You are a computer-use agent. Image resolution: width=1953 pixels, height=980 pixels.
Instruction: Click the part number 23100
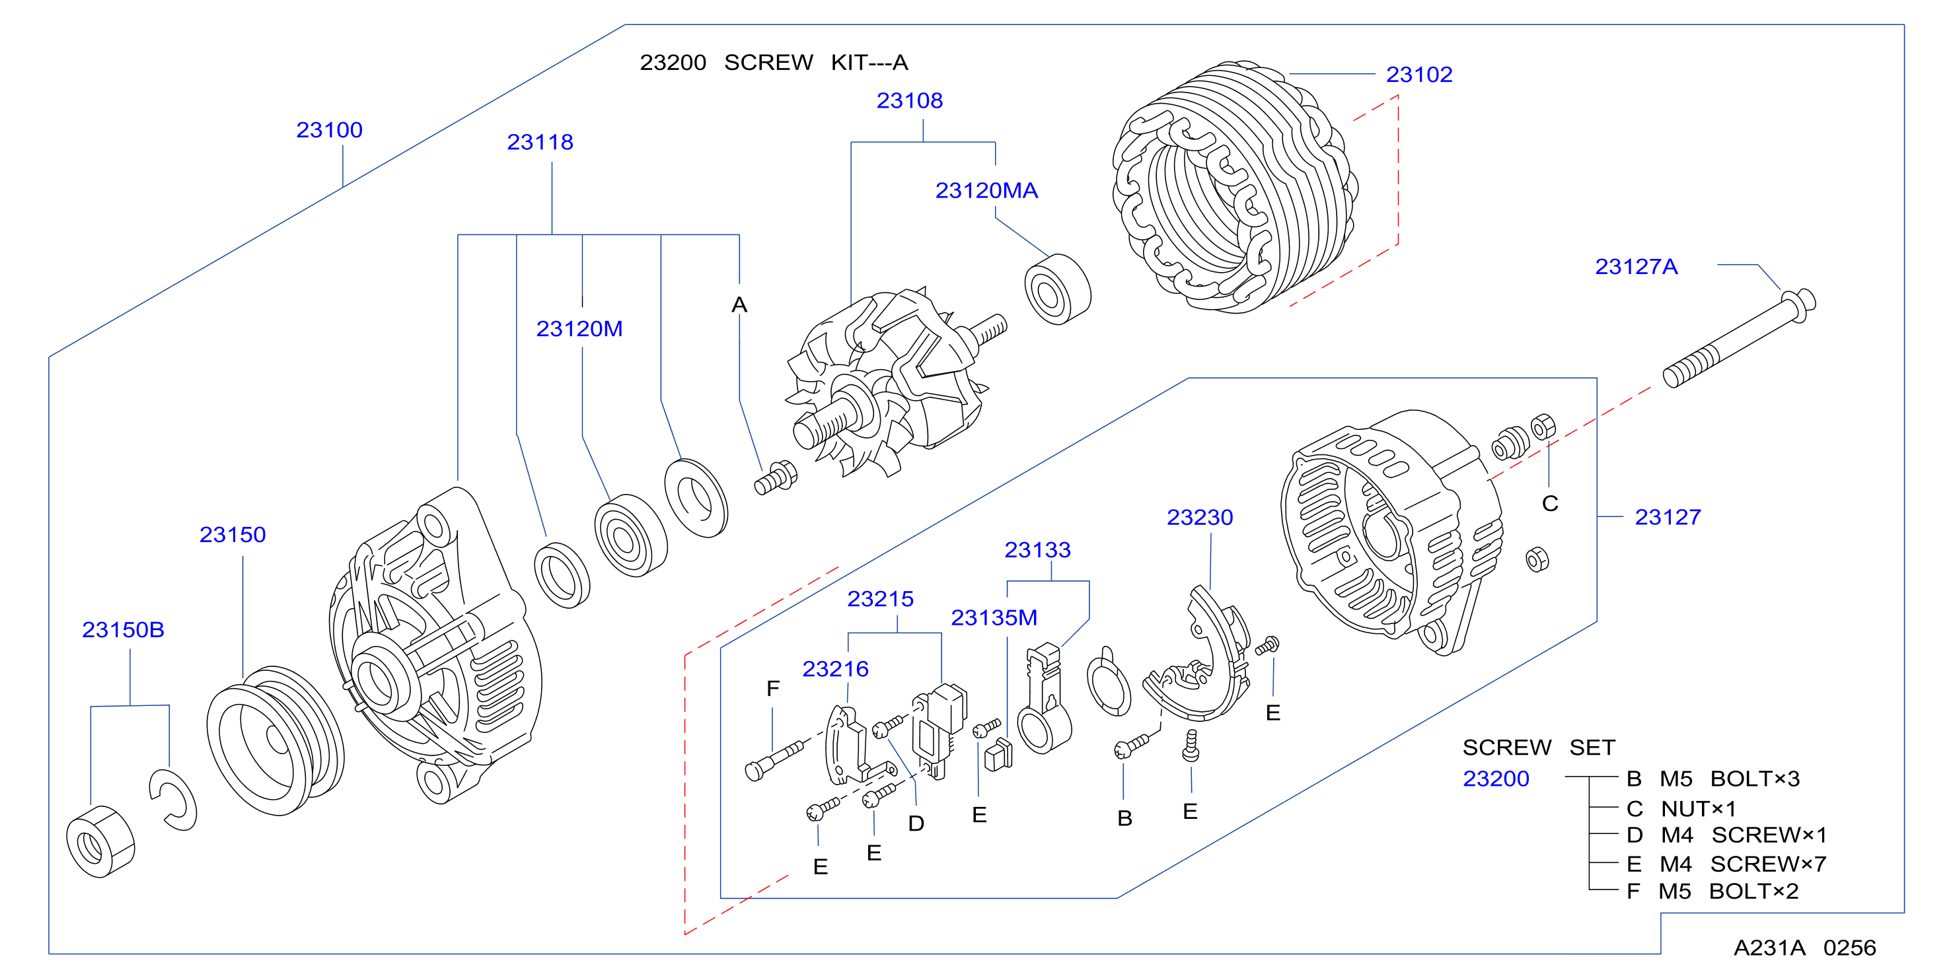point(329,129)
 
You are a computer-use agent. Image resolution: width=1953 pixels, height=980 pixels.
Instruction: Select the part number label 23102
point(1419,74)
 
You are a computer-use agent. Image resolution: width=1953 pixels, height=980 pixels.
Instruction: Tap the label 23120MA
point(986,190)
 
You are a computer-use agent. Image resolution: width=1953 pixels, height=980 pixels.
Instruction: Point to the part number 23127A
point(1636,267)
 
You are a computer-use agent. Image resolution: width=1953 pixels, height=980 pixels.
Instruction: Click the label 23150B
point(123,630)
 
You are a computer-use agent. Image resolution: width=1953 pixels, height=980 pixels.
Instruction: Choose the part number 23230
point(1199,517)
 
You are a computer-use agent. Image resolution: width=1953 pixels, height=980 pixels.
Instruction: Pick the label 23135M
point(994,617)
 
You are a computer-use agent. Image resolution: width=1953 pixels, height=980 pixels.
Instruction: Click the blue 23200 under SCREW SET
point(1496,779)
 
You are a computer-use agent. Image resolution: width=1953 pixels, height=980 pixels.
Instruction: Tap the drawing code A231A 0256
point(1804,948)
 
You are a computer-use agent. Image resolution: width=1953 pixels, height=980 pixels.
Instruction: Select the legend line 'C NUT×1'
point(1681,809)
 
